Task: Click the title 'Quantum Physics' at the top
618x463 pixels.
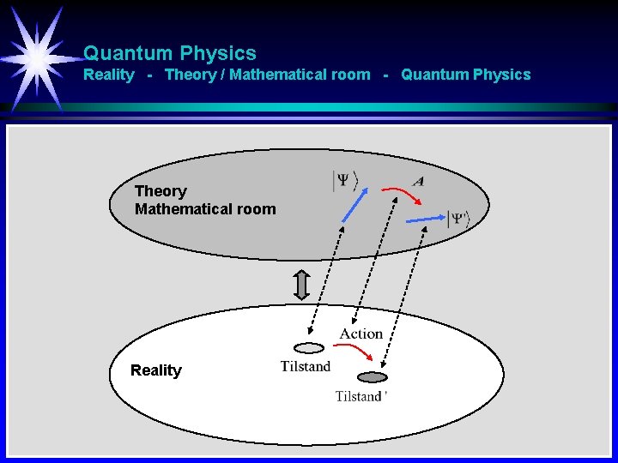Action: pyautogui.click(x=169, y=53)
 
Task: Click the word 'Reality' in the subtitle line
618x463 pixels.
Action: pyautogui.click(x=109, y=75)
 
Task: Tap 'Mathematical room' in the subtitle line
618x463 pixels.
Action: pyautogui.click(x=300, y=75)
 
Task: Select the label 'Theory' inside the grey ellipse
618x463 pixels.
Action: pyautogui.click(x=161, y=190)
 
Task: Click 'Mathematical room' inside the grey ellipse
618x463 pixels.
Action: pyautogui.click(x=205, y=208)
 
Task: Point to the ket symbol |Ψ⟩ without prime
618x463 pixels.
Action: pyautogui.click(x=345, y=181)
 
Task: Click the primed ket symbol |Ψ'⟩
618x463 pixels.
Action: pyautogui.click(x=458, y=219)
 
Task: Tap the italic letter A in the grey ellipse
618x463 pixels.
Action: pyautogui.click(x=418, y=181)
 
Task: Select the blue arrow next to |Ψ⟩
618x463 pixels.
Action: pyautogui.click(x=352, y=206)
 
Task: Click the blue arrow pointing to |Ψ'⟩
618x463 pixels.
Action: pyautogui.click(x=424, y=219)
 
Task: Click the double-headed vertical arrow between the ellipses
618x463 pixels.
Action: pyautogui.click(x=300, y=285)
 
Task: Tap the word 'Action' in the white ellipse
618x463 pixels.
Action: pyautogui.click(x=361, y=334)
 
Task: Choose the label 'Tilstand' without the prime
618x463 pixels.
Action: pyautogui.click(x=305, y=366)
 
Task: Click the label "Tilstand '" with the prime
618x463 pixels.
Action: pyautogui.click(x=361, y=396)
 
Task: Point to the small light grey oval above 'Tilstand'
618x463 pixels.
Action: pyautogui.click(x=309, y=348)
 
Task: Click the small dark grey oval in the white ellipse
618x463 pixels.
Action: pyautogui.click(x=372, y=377)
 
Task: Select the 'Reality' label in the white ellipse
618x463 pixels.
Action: pyautogui.click(x=156, y=370)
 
